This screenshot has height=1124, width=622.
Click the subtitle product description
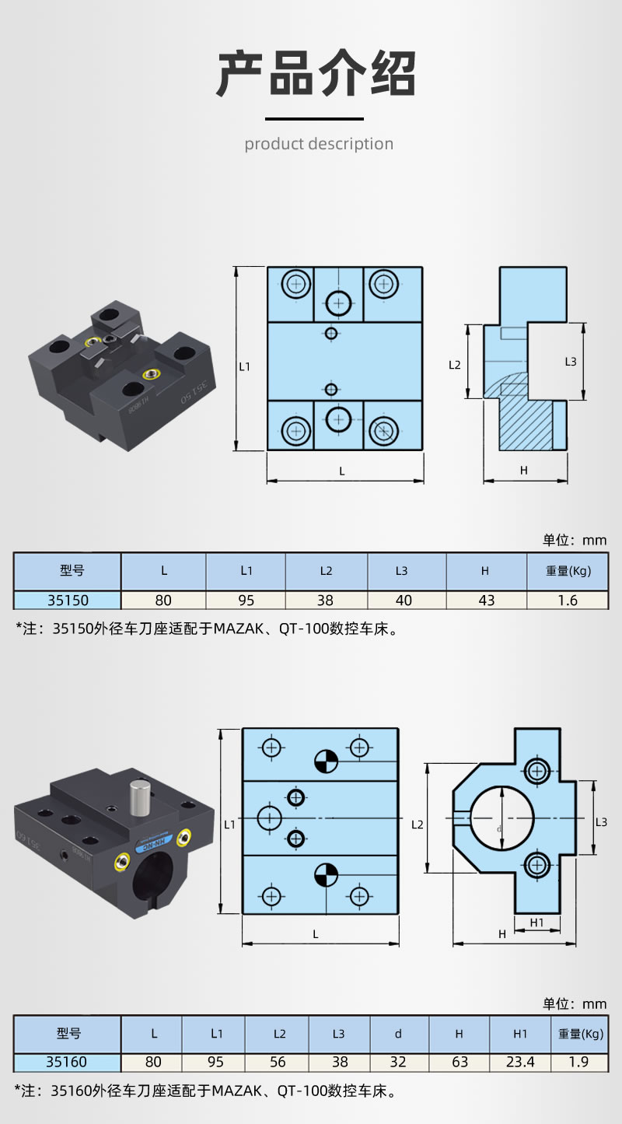[319, 144]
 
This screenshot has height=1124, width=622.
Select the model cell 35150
[68, 601]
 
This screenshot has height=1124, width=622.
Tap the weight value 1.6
[568, 601]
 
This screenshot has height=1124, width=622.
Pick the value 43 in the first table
[486, 601]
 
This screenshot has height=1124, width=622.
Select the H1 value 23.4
[520, 1062]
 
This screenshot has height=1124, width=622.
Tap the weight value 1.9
[579, 1062]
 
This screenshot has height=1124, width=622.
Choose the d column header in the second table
[398, 1034]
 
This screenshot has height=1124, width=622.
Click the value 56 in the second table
[278, 1062]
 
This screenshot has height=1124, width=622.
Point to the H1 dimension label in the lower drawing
[536, 923]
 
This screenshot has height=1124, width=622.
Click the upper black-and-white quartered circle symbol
[326, 762]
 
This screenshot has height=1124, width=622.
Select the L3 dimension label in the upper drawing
[571, 362]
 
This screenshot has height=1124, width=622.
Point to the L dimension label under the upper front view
[342, 471]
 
